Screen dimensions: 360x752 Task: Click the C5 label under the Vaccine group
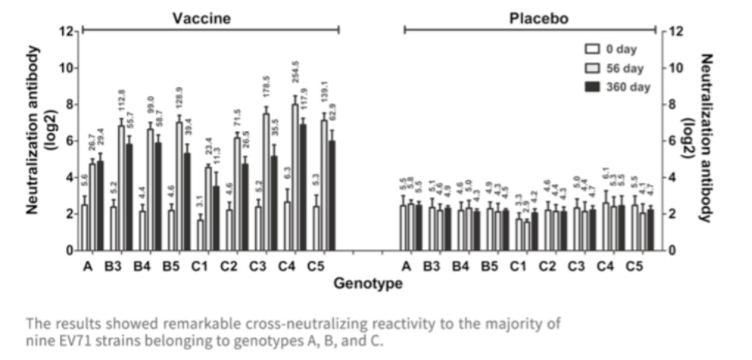(325, 266)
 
